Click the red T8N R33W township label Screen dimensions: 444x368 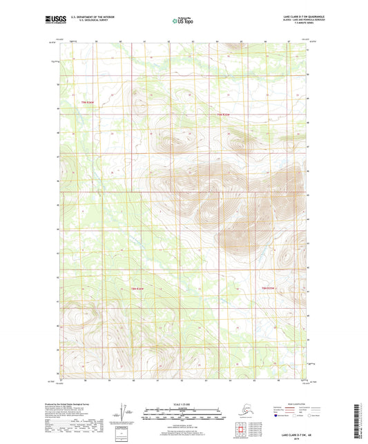(267, 287)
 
